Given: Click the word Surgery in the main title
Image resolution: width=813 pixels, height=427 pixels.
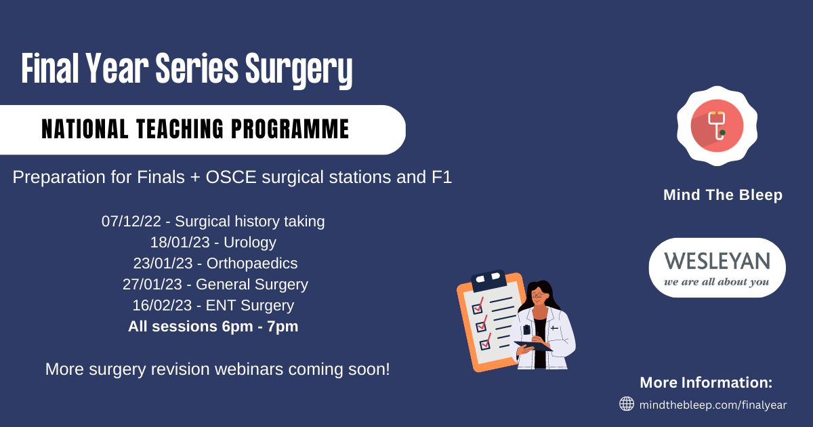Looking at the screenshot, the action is (x=299, y=70).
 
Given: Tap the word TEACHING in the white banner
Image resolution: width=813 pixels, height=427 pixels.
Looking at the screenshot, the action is (x=180, y=129).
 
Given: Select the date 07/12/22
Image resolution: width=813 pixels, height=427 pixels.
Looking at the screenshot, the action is (x=131, y=221).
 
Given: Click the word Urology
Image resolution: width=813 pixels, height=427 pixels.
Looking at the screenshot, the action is (x=250, y=243).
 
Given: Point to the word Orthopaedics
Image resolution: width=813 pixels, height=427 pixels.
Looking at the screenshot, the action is (x=252, y=263).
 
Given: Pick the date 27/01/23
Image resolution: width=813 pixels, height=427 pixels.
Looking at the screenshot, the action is (x=152, y=284).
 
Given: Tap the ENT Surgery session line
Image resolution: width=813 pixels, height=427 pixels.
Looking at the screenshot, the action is (x=213, y=306).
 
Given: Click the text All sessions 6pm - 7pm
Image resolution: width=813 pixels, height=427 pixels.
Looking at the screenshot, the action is (x=213, y=327).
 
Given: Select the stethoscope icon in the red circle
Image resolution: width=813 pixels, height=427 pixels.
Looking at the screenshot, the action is (x=717, y=125).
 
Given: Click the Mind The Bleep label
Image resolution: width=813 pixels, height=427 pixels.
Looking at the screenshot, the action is (x=723, y=195).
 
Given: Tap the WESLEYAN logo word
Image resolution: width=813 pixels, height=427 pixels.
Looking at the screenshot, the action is (x=717, y=261).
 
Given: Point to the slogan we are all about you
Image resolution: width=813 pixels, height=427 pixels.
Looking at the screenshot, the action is (x=717, y=282).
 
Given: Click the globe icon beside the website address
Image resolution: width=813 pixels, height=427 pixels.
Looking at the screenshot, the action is (x=627, y=404).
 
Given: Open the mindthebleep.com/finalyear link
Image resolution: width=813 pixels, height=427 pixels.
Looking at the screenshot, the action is (x=713, y=405).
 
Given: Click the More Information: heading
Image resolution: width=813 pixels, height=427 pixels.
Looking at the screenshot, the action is (x=706, y=383).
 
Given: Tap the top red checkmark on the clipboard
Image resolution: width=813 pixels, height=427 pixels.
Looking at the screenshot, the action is (x=478, y=306).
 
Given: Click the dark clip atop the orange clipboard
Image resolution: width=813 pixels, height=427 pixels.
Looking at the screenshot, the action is (x=488, y=280).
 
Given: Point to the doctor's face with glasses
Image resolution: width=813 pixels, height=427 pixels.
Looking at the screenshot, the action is (x=537, y=296).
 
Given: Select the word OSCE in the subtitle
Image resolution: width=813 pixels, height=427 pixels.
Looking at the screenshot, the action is (x=230, y=178).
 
